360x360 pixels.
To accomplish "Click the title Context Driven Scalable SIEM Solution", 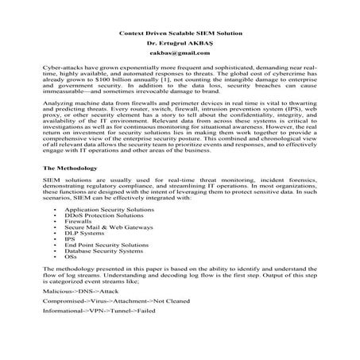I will (180, 34).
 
